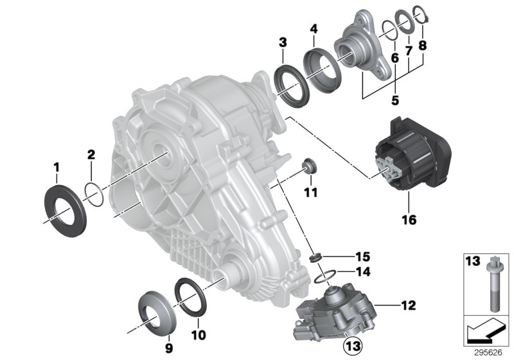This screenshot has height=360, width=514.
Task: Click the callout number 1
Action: [56, 168]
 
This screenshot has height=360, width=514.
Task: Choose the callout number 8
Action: [423, 46]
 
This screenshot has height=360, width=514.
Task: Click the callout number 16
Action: [409, 220]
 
